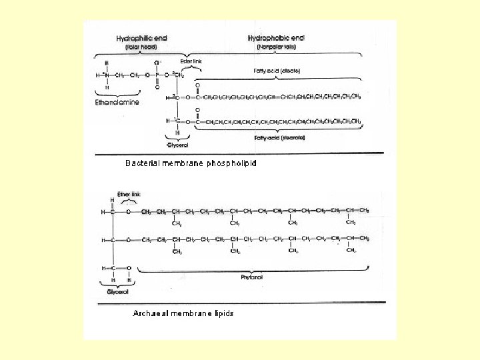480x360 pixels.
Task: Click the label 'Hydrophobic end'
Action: (x=275, y=39)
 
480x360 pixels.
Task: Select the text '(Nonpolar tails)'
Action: (x=275, y=47)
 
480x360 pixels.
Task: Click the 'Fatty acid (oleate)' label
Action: (x=276, y=70)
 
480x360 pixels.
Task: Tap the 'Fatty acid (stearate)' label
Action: (x=279, y=138)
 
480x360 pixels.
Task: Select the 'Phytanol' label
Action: (x=252, y=276)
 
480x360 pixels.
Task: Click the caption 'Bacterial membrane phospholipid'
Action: (x=191, y=163)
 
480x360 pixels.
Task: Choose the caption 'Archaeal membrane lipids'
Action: (x=183, y=313)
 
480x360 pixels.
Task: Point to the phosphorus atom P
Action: (x=157, y=75)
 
